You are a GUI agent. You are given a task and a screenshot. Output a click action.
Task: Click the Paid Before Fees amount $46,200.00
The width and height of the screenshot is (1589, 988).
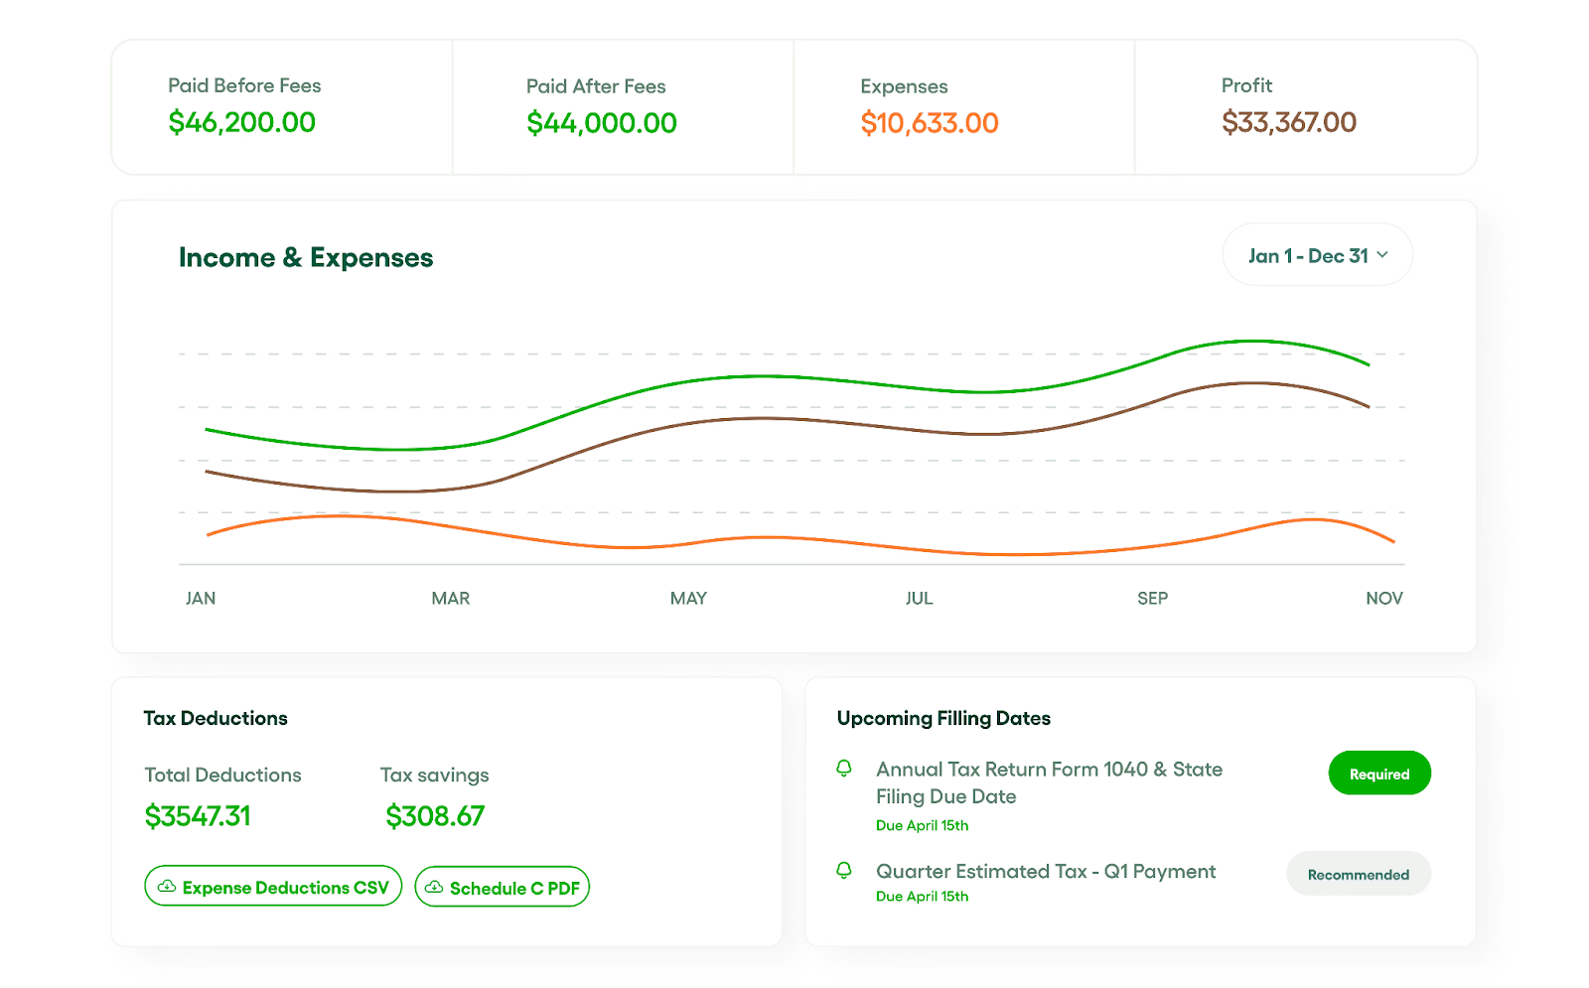coord(241,122)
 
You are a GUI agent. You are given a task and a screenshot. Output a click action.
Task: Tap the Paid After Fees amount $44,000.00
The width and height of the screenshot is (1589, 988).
coord(601,123)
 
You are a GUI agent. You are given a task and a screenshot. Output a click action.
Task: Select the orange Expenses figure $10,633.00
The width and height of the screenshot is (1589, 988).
coord(929,123)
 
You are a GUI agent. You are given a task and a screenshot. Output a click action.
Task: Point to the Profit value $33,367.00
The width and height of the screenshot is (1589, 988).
coord(1288,122)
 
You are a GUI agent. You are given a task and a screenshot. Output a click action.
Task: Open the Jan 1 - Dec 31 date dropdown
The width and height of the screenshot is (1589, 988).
coord(1317,255)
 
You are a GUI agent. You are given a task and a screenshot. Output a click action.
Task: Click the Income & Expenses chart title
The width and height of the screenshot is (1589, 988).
coord(306,257)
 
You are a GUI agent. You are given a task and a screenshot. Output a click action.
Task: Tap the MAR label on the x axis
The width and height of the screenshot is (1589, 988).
coord(450,598)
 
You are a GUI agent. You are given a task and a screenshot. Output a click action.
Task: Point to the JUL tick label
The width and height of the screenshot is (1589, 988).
coord(919,598)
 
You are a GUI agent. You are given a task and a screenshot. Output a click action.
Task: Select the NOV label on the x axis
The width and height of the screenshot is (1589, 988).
coord(1383,598)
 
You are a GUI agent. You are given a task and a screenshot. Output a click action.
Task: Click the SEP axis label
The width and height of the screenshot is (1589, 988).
coord(1152,598)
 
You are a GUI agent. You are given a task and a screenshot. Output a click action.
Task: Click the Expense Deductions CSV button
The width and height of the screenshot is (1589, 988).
coord(273,887)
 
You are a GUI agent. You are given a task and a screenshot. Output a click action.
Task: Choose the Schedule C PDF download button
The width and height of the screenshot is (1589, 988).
coord(502,887)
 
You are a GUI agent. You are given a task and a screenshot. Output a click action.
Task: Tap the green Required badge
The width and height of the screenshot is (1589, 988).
coord(1378,774)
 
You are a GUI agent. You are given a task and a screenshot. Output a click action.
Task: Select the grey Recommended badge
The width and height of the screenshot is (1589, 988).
coord(1358,874)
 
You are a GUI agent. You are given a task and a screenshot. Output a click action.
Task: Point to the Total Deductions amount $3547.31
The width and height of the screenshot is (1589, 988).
coord(198,816)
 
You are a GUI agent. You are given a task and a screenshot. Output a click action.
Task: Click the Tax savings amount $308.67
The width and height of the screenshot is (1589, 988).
coord(435,816)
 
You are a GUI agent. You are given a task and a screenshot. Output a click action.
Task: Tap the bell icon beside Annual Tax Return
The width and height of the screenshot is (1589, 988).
coord(844,769)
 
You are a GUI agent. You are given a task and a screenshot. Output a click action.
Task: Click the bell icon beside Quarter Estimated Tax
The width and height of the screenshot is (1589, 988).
coord(844,871)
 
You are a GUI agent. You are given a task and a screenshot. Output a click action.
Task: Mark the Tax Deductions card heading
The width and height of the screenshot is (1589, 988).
coord(216,718)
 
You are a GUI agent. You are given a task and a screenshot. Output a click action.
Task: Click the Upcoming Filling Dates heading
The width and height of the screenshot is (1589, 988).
coord(943,718)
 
